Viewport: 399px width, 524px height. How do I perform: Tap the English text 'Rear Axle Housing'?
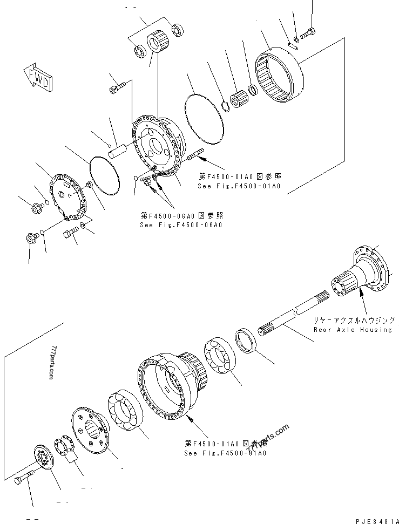coord(353,329)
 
